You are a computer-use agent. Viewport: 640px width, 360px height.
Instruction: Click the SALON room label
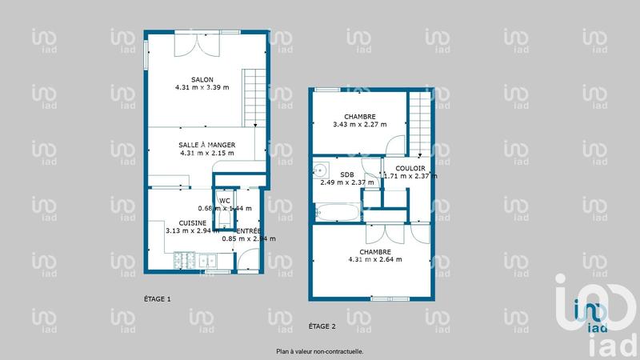190,79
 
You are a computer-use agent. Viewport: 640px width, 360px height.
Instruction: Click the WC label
225,200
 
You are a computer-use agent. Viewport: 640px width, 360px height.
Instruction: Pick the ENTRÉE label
250,230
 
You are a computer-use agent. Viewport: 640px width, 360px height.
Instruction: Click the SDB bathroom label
346,174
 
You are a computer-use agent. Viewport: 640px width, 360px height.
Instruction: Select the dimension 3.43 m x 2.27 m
359,124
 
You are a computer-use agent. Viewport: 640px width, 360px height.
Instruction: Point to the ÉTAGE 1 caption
157,299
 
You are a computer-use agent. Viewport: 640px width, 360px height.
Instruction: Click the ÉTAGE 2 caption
322,326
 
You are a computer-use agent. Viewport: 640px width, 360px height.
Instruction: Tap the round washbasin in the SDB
321,170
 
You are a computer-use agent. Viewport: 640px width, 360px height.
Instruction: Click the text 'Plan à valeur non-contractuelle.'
320,350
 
